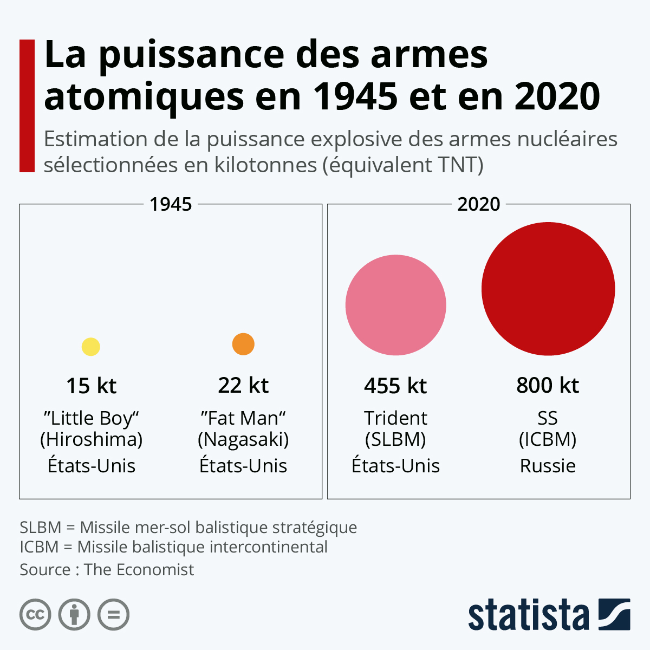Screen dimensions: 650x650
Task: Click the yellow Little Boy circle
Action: pyautogui.click(x=91, y=347)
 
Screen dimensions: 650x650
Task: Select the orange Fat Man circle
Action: pyautogui.click(x=243, y=344)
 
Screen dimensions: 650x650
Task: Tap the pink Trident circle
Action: pyautogui.click(x=396, y=305)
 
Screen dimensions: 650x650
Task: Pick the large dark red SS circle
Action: pyautogui.click(x=548, y=289)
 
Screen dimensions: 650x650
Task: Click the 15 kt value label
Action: pyautogui.click(x=91, y=386)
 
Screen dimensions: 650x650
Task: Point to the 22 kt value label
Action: pyautogui.click(x=243, y=385)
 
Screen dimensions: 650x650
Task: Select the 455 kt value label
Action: pyautogui.click(x=395, y=386)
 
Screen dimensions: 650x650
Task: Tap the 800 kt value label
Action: pyautogui.click(x=548, y=385)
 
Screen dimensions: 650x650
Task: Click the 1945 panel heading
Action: pyautogui.click(x=171, y=204)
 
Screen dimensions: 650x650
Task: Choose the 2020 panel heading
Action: pyautogui.click(x=479, y=204)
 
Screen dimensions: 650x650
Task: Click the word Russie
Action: pyautogui.click(x=548, y=465)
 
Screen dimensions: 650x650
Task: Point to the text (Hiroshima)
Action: pyautogui.click(x=91, y=439)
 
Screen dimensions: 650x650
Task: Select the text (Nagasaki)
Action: pyautogui.click(x=243, y=439)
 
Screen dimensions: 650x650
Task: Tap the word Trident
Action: pyautogui.click(x=395, y=418)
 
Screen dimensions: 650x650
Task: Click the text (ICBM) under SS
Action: pyautogui.click(x=548, y=439)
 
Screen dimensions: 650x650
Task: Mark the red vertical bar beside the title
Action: pyautogui.click(x=27, y=106)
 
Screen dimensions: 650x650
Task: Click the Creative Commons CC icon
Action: pyautogui.click(x=35, y=615)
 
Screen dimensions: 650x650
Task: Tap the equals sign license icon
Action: pyautogui.click(x=114, y=615)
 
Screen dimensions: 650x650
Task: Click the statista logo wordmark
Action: pyautogui.click(x=528, y=615)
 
